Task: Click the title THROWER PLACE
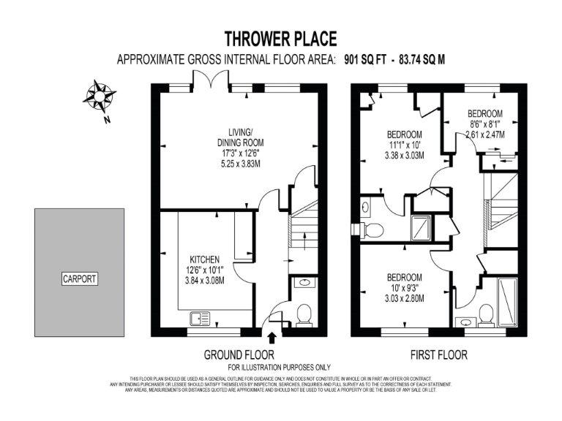pos(280,39)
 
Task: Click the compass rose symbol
pos(97,95)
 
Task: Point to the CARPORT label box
pos(80,278)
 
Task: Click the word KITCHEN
pos(205,259)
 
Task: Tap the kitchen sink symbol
pos(198,318)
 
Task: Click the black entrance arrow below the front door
pos(273,338)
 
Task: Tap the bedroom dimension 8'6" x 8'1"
pos(485,124)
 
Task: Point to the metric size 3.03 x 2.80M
pos(404,298)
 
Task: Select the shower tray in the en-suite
pos(422,228)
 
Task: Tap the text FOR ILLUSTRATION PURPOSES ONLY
pos(280,367)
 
